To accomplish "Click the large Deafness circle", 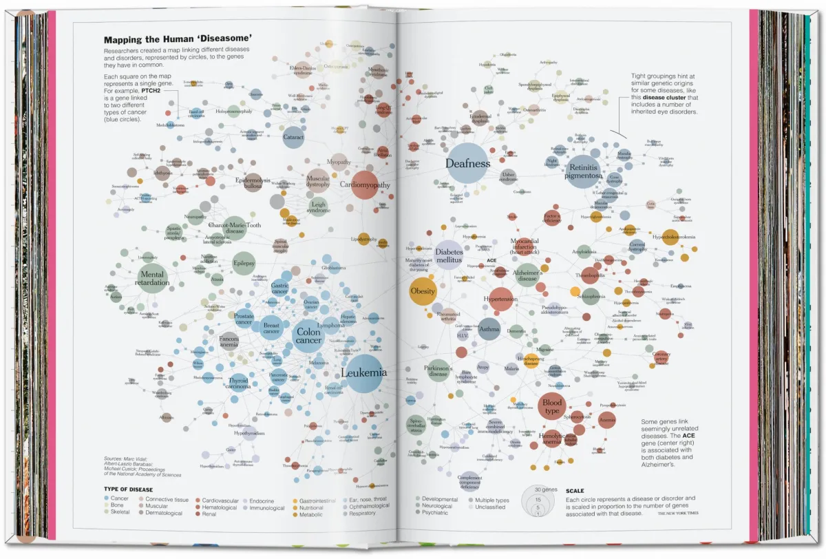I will click(x=467, y=163).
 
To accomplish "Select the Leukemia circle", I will click(x=364, y=373).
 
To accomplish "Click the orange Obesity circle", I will click(x=423, y=291).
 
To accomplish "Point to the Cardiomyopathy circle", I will click(x=365, y=184).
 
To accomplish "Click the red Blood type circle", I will click(x=552, y=406).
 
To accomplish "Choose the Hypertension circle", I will click(x=500, y=299).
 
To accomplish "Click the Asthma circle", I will click(x=489, y=329).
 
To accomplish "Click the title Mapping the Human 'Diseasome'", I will click(x=176, y=40).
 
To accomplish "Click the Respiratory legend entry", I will click(x=362, y=513).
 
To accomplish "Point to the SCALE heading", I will click(x=575, y=491).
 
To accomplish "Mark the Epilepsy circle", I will click(x=244, y=263).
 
